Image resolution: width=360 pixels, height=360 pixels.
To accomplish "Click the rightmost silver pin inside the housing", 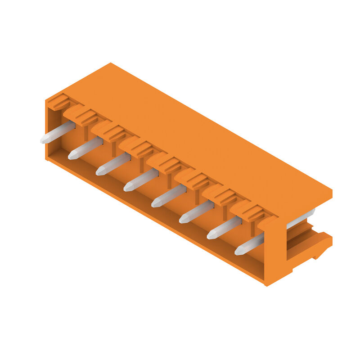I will [249, 244].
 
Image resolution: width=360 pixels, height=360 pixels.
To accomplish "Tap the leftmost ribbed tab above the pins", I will [59, 102].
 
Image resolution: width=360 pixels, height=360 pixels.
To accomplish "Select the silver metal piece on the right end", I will [301, 218].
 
